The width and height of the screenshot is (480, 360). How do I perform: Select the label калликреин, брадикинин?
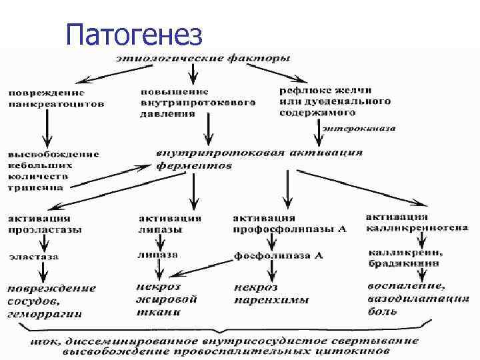coord(404,257)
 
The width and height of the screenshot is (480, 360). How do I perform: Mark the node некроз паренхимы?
coord(271,294)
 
